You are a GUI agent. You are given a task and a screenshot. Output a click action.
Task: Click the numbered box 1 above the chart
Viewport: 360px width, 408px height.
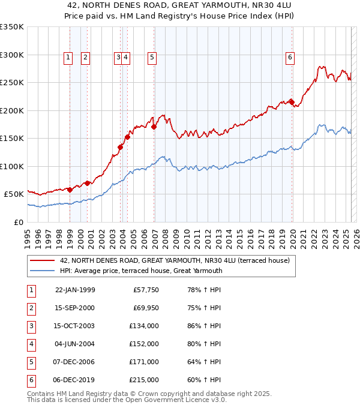[x=68, y=58]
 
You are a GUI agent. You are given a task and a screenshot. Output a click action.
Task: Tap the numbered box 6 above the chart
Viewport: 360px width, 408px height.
[x=290, y=58]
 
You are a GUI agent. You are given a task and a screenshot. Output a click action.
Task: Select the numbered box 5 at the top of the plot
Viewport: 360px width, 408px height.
[x=152, y=58]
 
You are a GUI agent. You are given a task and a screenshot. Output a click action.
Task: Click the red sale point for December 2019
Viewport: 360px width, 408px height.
[x=292, y=102]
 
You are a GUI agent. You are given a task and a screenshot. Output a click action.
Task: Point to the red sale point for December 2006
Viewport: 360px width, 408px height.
[x=154, y=127]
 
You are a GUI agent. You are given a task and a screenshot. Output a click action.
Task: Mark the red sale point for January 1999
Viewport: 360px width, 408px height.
[x=70, y=190]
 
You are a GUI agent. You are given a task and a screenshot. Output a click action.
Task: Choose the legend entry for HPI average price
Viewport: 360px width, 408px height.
[x=141, y=271]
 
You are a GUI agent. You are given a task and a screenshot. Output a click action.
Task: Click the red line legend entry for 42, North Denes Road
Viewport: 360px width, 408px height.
[x=175, y=260]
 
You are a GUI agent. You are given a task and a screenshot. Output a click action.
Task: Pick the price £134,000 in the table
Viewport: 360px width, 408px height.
[x=145, y=326]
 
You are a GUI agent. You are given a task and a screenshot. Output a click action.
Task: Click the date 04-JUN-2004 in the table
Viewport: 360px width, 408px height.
[x=75, y=344]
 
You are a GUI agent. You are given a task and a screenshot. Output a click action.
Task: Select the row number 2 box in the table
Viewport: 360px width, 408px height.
[x=29, y=308]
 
